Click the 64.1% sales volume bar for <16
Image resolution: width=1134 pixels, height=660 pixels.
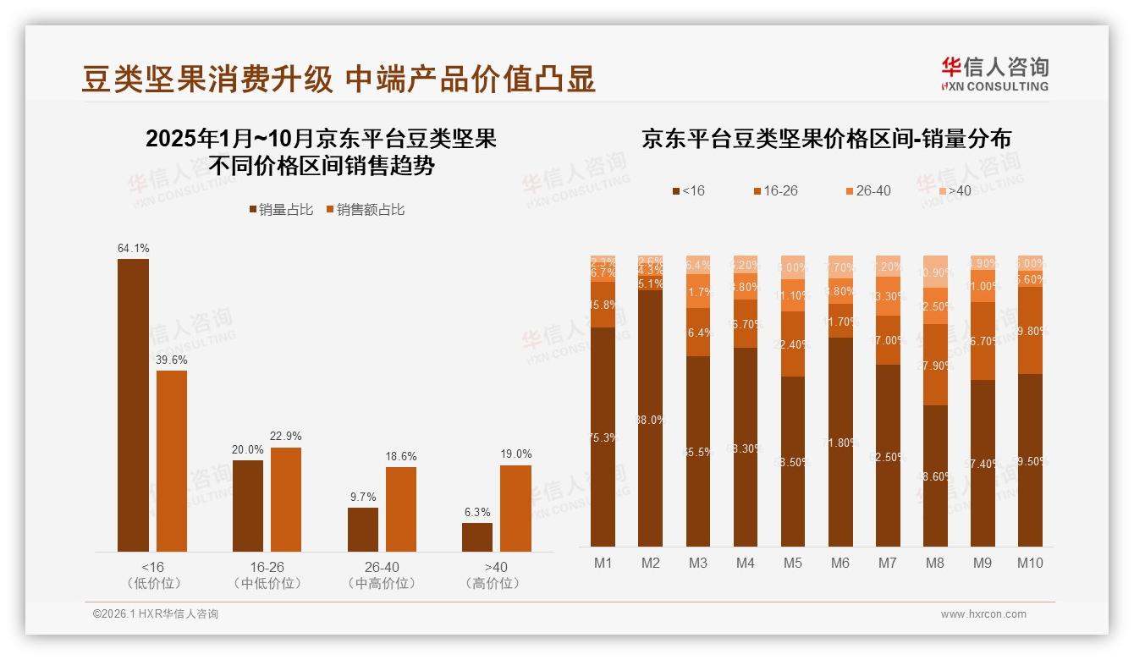[x=133, y=405]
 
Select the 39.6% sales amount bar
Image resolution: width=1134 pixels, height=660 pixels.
[x=172, y=461]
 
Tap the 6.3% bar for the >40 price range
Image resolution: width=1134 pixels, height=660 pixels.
[x=477, y=537]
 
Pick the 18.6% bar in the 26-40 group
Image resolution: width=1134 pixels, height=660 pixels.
[x=401, y=509]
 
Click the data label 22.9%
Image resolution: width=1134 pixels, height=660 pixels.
[x=286, y=436]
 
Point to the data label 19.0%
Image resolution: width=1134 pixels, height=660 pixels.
[x=515, y=454]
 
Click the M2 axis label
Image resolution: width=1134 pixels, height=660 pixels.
[x=650, y=563]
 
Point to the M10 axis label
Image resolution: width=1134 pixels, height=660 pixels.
[x=1029, y=563]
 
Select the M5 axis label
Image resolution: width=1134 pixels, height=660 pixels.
[x=792, y=563]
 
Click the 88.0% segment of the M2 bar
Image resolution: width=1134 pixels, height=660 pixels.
[x=650, y=419]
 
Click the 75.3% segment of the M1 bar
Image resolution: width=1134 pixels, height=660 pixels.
[x=603, y=437]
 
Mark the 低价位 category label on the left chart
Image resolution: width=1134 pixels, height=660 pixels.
[x=153, y=583]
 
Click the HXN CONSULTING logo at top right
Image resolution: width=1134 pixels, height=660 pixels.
[x=994, y=74]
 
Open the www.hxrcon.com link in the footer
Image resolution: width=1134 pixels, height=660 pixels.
[x=983, y=614]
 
